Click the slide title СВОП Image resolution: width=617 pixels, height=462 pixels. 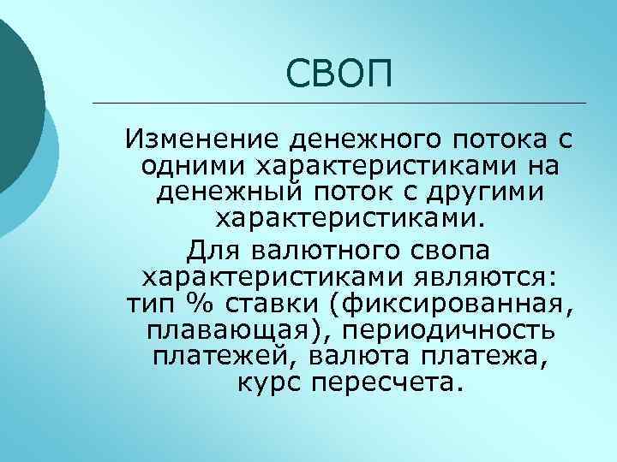pos(338,74)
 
